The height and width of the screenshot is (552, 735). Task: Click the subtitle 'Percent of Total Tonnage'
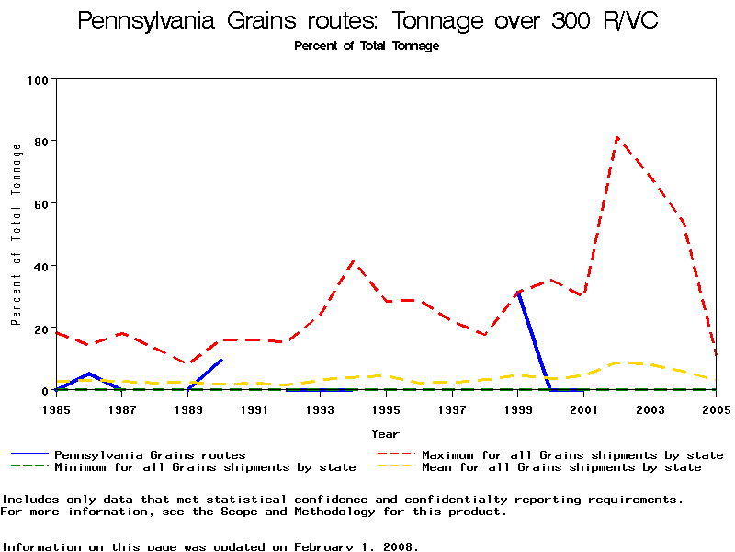(367, 46)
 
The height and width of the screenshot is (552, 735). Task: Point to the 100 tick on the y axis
(38, 79)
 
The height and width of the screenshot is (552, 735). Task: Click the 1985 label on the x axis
(56, 408)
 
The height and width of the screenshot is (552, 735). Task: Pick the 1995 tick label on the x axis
(386, 408)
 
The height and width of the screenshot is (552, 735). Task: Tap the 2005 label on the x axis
(716, 408)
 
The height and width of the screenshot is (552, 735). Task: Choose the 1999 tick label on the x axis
(518, 408)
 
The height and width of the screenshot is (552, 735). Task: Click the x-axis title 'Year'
(386, 433)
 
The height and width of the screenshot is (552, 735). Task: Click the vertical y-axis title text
(16, 235)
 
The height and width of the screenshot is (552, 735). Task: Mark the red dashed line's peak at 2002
(617, 138)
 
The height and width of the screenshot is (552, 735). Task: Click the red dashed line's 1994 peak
(354, 261)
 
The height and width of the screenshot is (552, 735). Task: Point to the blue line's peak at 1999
(519, 293)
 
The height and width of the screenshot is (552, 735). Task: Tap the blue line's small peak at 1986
(89, 374)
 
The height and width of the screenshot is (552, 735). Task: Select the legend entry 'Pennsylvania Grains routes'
(150, 454)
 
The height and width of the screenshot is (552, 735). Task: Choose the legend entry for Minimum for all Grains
(205, 467)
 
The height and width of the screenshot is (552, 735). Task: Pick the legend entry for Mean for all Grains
(561, 467)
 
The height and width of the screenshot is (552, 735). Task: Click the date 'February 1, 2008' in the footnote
(355, 546)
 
